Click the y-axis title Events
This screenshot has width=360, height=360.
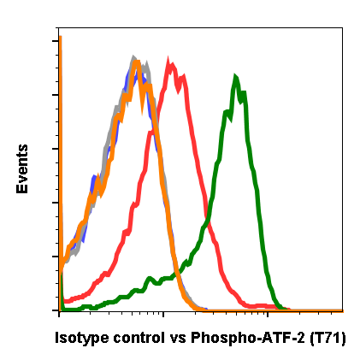point(22,169)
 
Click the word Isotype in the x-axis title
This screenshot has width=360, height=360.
point(82,338)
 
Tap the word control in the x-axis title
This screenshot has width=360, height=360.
point(136,338)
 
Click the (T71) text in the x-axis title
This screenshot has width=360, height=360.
point(328,338)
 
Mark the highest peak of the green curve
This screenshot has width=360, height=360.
point(235,77)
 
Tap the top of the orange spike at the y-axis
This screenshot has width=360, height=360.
point(61,36)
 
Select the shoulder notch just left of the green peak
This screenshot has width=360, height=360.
point(228,111)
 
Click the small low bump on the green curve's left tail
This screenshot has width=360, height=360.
point(150,278)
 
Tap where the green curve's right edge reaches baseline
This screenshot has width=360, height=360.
point(282,306)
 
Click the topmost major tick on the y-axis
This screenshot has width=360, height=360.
point(56,40)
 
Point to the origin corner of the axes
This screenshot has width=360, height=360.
point(60,310)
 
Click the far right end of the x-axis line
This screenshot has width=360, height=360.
point(342,310)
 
